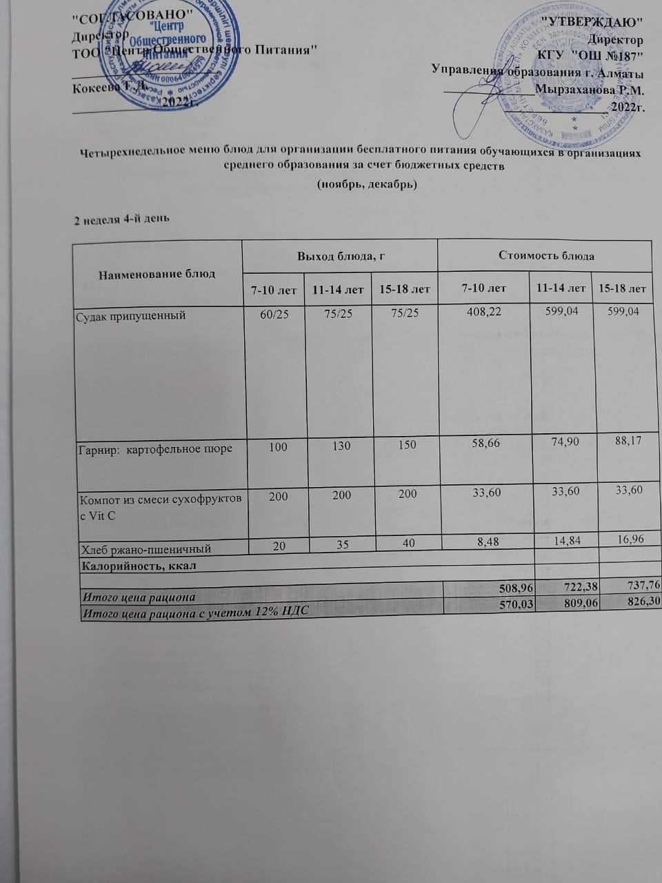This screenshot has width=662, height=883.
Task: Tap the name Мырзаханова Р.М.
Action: pyautogui.click(x=589, y=89)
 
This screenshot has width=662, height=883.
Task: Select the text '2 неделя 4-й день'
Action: pyautogui.click(x=123, y=219)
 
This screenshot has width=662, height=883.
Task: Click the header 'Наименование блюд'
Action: pyautogui.click(x=157, y=274)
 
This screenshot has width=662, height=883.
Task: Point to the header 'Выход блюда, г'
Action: pyautogui.click(x=340, y=256)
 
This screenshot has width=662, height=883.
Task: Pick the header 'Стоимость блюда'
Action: pyautogui.click(x=545, y=256)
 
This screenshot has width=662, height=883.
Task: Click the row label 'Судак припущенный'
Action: pyautogui.click(x=132, y=316)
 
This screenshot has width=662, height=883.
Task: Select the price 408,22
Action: pyautogui.click(x=483, y=312)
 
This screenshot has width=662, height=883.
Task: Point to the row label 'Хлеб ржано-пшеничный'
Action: pyautogui.click(x=146, y=549)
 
